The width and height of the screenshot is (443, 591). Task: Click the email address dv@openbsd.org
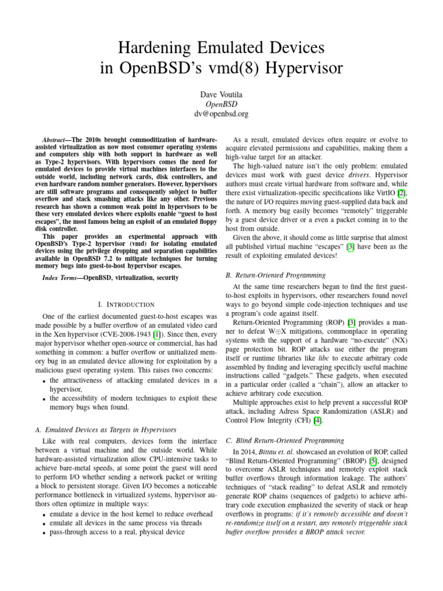[221, 114]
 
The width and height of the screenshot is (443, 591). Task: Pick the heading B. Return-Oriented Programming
[276, 275]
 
